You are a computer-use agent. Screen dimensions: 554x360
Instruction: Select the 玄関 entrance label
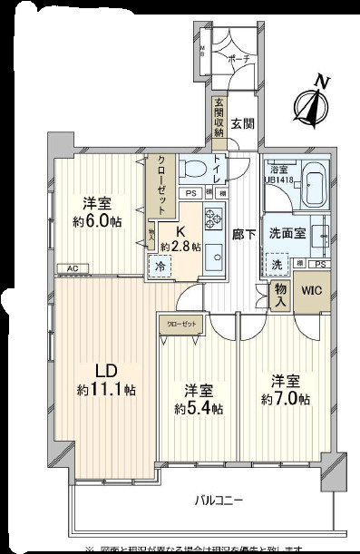click(242, 123)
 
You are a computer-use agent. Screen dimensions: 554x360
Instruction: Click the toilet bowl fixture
click(193, 169)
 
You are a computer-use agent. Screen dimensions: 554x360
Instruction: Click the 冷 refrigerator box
click(159, 267)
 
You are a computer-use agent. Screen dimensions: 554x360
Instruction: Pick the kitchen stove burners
click(214, 220)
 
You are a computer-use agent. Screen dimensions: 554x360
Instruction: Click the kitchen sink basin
click(215, 257)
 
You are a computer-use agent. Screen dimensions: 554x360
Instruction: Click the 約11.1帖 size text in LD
click(107, 390)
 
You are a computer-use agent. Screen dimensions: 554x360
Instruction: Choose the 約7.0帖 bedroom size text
click(284, 399)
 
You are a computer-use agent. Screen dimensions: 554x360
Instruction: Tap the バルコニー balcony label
click(223, 500)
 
